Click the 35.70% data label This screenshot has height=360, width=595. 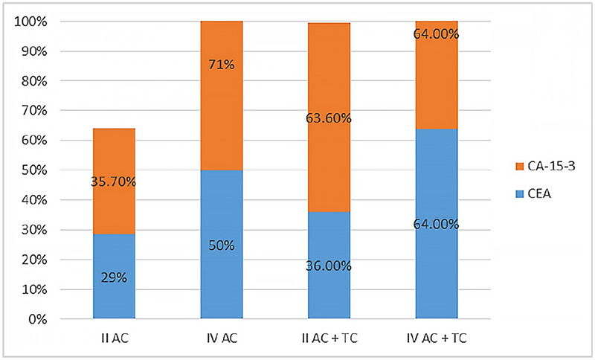[x=114, y=181]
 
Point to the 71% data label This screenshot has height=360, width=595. [x=222, y=65]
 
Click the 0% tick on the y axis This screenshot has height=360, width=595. [x=37, y=320]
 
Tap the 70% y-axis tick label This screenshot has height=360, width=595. [x=34, y=111]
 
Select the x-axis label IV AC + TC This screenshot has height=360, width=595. [x=437, y=338]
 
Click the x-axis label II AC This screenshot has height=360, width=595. [x=114, y=338]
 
